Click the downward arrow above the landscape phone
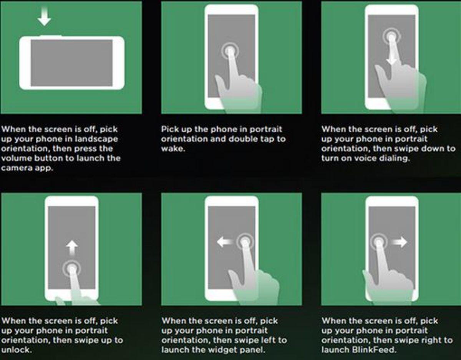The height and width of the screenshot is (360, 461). (44, 17)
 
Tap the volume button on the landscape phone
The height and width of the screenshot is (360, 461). (51, 36)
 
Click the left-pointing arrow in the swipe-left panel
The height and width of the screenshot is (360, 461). (225, 242)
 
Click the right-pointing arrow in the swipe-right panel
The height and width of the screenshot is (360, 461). (399, 242)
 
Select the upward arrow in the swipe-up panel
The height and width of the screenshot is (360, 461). (72, 247)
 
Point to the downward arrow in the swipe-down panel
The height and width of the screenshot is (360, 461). (391, 55)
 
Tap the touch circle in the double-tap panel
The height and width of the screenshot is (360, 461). (230, 51)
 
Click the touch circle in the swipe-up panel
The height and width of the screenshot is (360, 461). (72, 269)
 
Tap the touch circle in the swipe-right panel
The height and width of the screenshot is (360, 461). (379, 242)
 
